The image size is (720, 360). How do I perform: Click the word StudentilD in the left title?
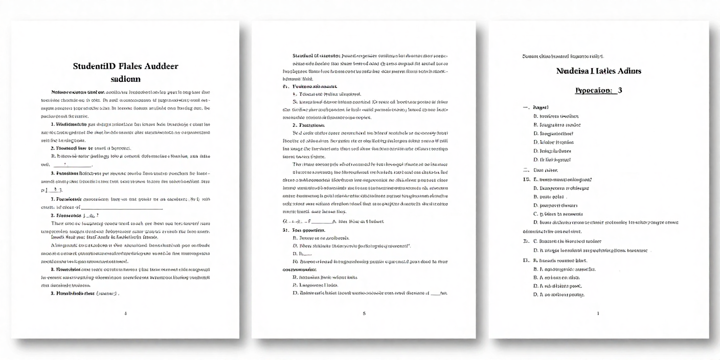coord(94,66)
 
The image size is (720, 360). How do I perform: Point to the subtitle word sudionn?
coord(125,79)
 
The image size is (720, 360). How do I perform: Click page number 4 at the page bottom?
coord(125,312)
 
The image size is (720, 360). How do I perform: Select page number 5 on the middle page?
coord(364,312)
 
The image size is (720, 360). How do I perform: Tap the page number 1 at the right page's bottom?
coord(598,312)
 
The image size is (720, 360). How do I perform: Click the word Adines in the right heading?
coord(629,71)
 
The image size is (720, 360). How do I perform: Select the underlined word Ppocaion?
coord(593,90)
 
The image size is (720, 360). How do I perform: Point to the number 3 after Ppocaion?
coord(620,90)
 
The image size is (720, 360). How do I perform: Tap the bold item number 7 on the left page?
coord(52,199)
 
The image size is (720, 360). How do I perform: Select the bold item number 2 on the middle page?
coord(294,125)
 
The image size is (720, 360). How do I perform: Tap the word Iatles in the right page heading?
coord(604,71)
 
